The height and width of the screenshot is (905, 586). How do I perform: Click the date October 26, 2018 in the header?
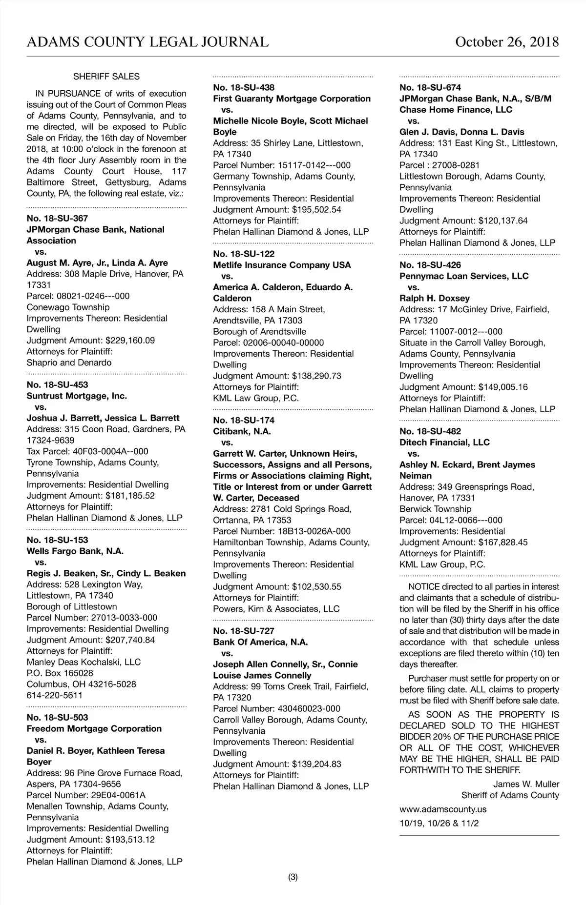point(507,42)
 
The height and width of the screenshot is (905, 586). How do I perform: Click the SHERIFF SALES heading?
point(106,77)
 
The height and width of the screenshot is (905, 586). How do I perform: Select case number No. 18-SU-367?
point(57,219)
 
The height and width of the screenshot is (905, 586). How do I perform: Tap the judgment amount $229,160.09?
point(130,341)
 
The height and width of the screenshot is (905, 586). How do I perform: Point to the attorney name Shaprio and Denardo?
point(69,363)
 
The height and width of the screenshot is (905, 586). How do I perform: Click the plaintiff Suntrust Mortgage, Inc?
point(77,396)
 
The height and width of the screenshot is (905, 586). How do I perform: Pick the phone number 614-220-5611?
point(55,696)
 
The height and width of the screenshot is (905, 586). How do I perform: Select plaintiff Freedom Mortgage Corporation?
point(94,729)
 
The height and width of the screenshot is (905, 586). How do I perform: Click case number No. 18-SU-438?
point(244,88)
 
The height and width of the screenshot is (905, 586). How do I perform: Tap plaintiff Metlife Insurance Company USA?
point(282,265)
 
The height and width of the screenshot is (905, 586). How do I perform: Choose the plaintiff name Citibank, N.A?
point(242,432)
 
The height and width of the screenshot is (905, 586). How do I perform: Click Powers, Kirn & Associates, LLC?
point(276,609)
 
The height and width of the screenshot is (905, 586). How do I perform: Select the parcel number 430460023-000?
point(309,709)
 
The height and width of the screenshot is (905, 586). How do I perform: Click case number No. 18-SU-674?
point(430,88)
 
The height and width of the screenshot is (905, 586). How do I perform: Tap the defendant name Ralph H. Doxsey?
point(435,299)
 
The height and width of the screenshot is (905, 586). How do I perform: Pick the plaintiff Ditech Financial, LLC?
point(444,442)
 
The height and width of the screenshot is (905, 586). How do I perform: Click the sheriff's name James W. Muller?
point(526,784)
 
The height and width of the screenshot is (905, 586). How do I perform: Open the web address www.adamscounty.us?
point(443,809)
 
